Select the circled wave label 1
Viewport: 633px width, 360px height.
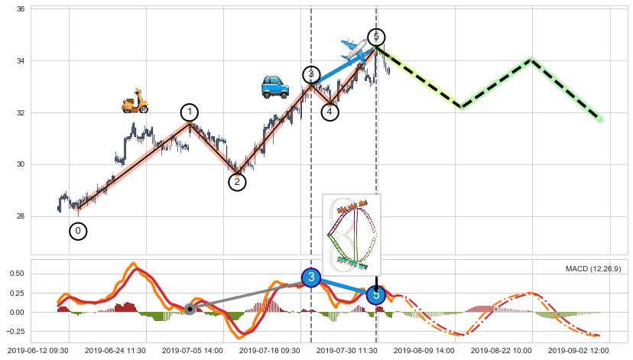coord(190,112)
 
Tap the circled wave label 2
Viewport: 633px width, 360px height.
coord(237,182)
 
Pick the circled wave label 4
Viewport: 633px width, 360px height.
coord(329,112)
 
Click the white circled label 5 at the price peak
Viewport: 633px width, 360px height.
coord(375,37)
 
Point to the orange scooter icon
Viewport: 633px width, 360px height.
coord(135,101)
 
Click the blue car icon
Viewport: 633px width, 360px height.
coord(274,87)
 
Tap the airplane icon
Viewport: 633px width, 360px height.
coord(354,50)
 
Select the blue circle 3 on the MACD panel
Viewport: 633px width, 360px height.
coord(310,277)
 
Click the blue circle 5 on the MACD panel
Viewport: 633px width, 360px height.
coord(375,295)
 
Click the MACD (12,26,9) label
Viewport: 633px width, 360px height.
coord(592,269)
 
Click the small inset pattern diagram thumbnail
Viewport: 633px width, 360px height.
coord(351,233)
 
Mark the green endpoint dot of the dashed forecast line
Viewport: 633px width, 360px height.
coord(600,120)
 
